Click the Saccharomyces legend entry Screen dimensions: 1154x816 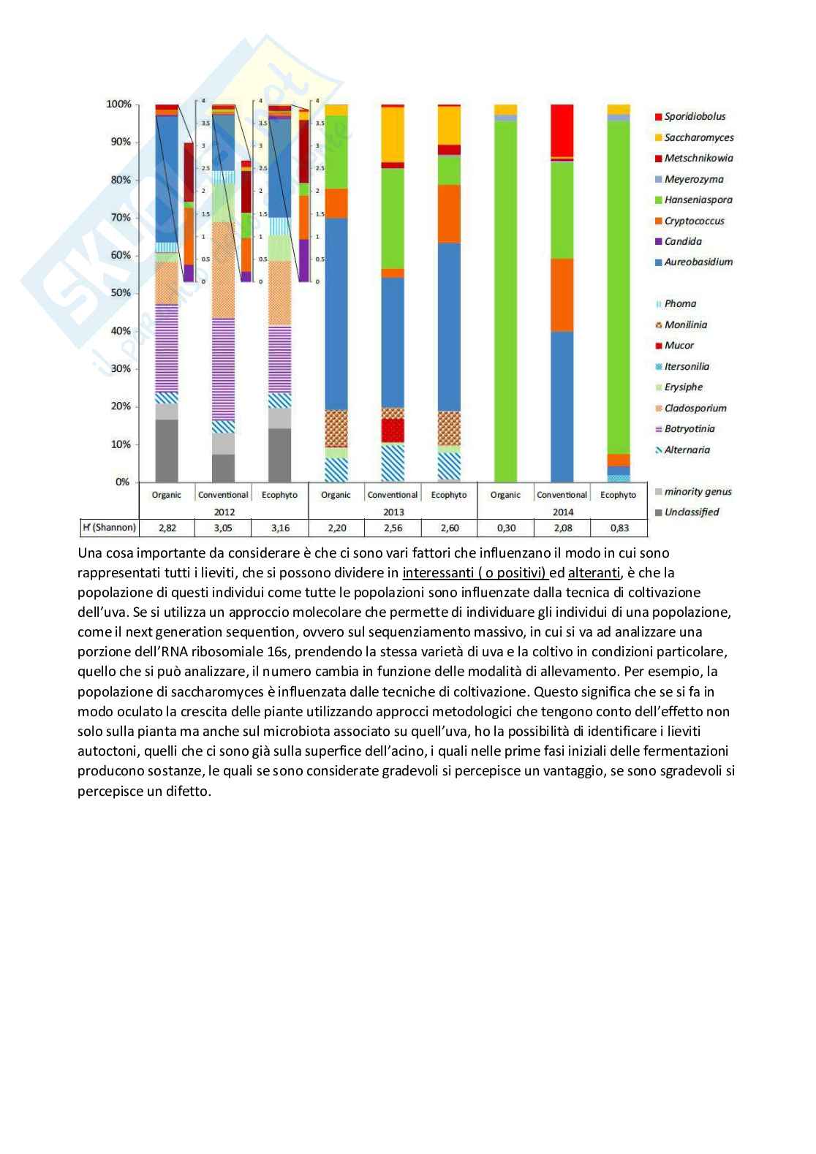tap(698, 137)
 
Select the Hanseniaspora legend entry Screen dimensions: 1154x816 tap(698, 200)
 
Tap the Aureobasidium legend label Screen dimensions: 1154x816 tap(698, 262)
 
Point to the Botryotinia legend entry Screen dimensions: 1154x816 tap(689, 429)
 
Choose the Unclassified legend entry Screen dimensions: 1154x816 tap(691, 512)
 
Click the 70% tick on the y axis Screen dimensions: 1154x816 tap(120, 217)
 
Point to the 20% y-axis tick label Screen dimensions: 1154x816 tap(120, 406)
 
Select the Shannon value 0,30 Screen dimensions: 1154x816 tap(505, 528)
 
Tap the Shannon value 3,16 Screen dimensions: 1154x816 tap(279, 528)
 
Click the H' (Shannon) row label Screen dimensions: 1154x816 tap(109, 528)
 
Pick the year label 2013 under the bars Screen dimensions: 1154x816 tap(393, 512)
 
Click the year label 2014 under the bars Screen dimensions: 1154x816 tap(562, 512)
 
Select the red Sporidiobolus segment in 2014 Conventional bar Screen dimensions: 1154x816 tap(562, 130)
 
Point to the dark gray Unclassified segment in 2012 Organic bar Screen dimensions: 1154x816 tap(167, 450)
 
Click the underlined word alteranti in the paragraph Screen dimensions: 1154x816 tap(594, 573)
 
